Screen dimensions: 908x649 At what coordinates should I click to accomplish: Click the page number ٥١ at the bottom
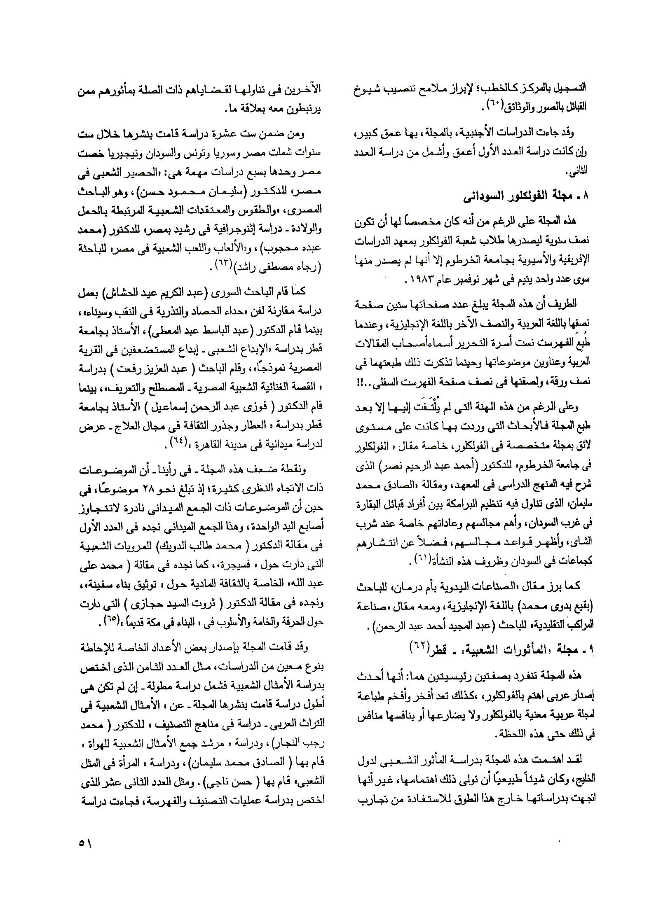[85, 843]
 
